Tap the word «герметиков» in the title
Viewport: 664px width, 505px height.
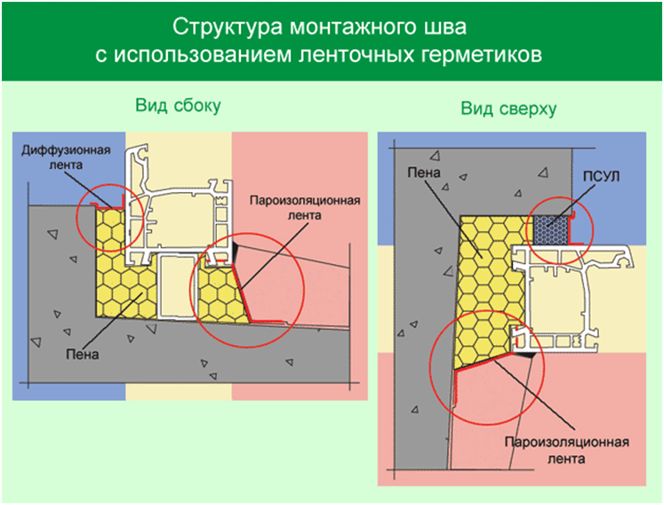(482, 54)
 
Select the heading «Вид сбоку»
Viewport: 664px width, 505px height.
(178, 105)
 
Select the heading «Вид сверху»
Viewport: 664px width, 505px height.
(508, 108)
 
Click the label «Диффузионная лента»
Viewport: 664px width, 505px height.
(66, 157)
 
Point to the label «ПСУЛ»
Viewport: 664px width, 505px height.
(601, 176)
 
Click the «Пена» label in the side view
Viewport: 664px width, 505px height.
(82, 354)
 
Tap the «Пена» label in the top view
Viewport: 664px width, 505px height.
(424, 172)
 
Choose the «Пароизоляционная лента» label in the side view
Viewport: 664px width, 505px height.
(305, 207)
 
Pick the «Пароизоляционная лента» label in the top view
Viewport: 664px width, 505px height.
(566, 450)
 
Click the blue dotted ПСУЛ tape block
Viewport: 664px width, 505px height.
(550, 229)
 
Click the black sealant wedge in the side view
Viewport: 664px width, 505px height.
(236, 252)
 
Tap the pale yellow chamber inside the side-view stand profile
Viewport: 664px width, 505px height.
(177, 286)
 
